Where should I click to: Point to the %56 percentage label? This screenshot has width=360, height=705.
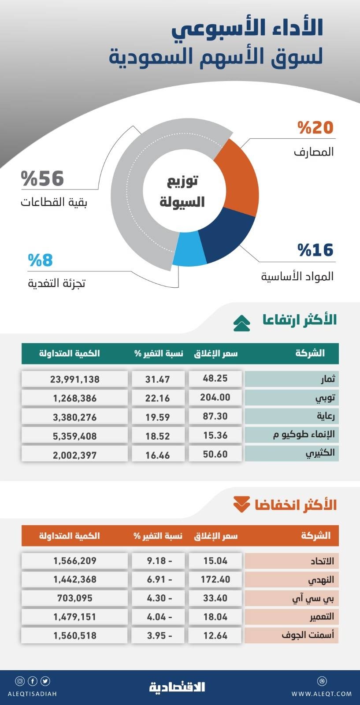pyautogui.click(x=43, y=179)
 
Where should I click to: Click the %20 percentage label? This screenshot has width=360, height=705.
pyautogui.click(x=315, y=128)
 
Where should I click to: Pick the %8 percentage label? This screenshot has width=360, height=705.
pyautogui.click(x=41, y=260)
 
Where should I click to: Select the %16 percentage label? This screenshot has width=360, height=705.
pyautogui.click(x=315, y=250)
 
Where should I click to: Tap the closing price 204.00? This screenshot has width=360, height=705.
pyautogui.click(x=215, y=397)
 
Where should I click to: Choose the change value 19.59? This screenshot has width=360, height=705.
pyautogui.click(x=157, y=417)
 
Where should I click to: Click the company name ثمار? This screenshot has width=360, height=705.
pyautogui.click(x=327, y=379)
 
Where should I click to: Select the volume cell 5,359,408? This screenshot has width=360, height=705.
pyautogui.click(x=75, y=436)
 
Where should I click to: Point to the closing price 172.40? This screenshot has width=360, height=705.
pyautogui.click(x=215, y=579)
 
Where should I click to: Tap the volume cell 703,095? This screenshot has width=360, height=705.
pyautogui.click(x=75, y=598)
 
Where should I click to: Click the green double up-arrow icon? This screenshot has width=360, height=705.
pyautogui.click(x=241, y=323)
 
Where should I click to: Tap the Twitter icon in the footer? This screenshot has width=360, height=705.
pyautogui.click(x=45, y=681)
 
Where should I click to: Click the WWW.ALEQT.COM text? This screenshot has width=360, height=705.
pyautogui.click(x=322, y=694)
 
